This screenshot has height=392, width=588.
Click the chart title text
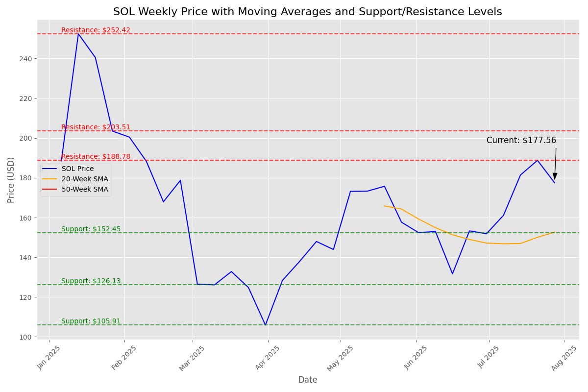pyautogui.click(x=308, y=12)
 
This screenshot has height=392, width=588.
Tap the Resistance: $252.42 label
pyautogui.click(x=96, y=30)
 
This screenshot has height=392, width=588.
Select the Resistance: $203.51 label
pyautogui.click(x=96, y=127)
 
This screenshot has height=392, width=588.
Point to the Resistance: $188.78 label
pyautogui.click(x=96, y=156)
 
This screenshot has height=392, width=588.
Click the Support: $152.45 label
pyautogui.click(x=91, y=229)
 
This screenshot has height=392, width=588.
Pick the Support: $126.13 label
pyautogui.click(x=91, y=281)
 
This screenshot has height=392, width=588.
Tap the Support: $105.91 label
pyautogui.click(x=91, y=321)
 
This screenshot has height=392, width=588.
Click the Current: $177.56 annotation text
pyautogui.click(x=521, y=140)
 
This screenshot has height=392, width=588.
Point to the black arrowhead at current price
pyautogui.click(x=555, y=176)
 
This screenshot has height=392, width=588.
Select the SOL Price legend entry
pyautogui.click(x=81, y=169)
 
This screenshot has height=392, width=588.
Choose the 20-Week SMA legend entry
pyautogui.click(x=88, y=179)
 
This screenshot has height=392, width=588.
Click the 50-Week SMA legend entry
pyautogui.click(x=88, y=189)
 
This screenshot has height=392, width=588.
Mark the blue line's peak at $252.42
pyautogui.click(x=78, y=34)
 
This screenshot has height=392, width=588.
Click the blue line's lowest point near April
pyautogui.click(x=266, y=325)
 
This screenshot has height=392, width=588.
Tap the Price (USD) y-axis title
pyautogui.click(x=11, y=180)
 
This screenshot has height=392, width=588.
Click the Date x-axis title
pyautogui.click(x=308, y=380)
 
